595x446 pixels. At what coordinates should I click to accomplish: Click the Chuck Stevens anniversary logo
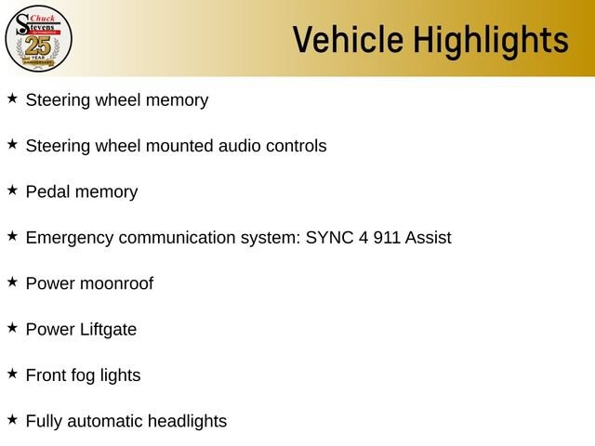38,38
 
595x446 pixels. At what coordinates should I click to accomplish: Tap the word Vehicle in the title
348,39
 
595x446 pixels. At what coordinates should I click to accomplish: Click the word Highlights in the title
491,41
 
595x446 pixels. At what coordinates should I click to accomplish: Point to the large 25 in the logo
38,46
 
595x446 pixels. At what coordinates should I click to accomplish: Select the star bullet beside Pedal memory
12,190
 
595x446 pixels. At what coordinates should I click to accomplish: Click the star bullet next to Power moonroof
12,282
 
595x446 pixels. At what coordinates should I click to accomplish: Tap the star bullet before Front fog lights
12,374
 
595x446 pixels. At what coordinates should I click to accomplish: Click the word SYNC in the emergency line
329,238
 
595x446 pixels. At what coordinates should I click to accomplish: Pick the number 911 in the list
387,238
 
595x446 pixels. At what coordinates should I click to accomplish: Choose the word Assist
428,238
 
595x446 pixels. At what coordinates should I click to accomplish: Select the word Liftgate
108,330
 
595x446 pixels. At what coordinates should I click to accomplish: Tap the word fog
83,375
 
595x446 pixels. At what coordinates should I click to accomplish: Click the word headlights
187,422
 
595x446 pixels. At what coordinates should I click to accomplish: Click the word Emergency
70,239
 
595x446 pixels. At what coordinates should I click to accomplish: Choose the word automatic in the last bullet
105,422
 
